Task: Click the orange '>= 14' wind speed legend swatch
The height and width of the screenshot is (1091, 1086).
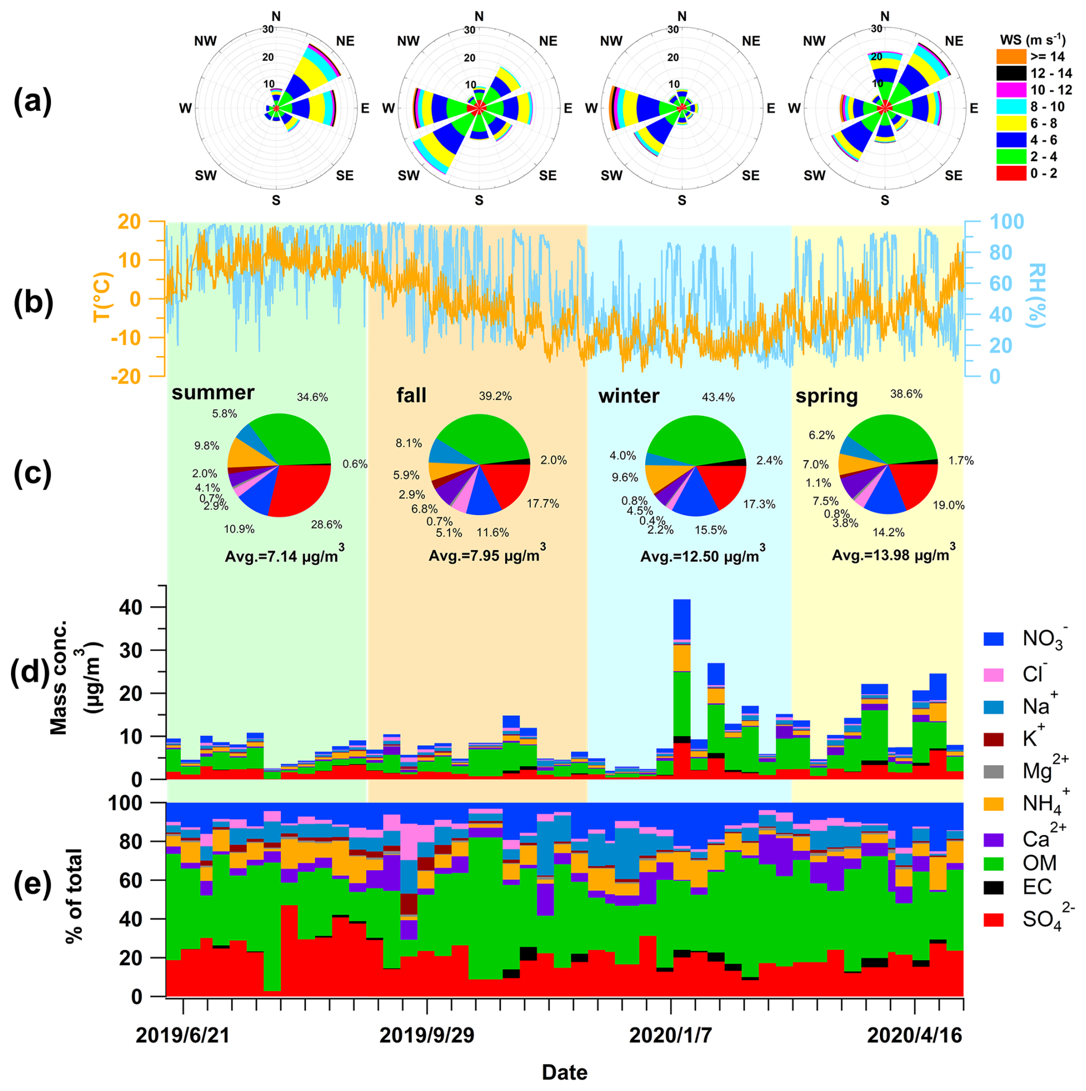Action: pos(1011,56)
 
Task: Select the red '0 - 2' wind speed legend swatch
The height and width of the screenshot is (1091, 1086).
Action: pos(1011,173)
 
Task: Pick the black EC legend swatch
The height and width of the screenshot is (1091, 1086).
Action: pos(994,887)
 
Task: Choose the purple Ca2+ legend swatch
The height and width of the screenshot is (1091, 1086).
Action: pos(994,840)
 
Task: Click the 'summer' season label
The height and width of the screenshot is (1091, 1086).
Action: pos(212,393)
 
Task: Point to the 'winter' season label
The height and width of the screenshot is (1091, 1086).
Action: pos(629,396)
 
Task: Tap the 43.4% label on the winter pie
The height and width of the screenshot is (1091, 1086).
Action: pos(717,398)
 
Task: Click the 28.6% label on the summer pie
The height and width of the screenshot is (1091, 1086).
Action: pos(326,525)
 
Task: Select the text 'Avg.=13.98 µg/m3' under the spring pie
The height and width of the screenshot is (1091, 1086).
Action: pos(893,555)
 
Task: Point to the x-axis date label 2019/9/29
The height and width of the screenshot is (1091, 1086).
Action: pos(426,1036)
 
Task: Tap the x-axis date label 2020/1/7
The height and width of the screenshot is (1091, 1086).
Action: pos(670,1036)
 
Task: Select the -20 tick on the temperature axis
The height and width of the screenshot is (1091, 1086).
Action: pos(129,376)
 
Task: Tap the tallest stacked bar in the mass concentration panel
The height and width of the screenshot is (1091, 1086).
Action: pos(681,688)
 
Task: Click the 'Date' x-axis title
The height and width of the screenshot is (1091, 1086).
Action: pos(564,1073)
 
